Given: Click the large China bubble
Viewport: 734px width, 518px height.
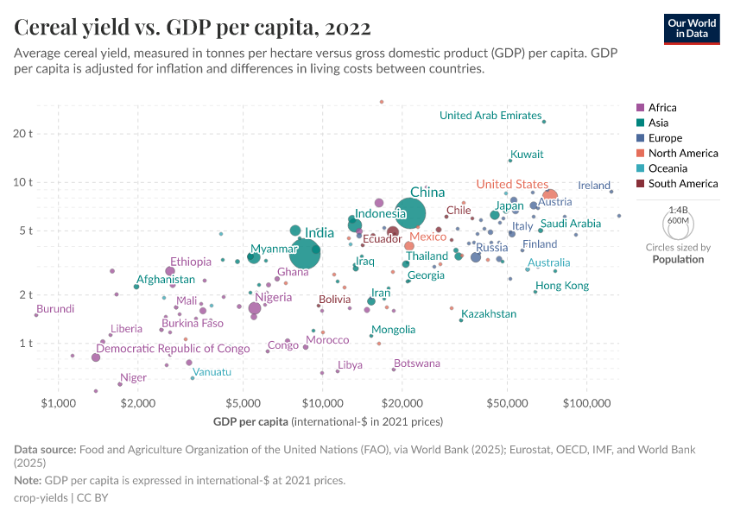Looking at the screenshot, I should tap(411, 213).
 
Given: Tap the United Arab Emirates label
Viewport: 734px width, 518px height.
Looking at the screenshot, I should tap(490, 116).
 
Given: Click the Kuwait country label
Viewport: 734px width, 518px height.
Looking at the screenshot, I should tap(527, 155).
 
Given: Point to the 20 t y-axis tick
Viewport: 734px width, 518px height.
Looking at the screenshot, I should tap(22, 134).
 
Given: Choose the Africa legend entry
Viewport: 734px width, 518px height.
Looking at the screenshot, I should tap(661, 108).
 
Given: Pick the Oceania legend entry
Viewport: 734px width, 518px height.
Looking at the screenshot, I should tap(668, 168).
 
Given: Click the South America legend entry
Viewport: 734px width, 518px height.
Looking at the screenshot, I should tap(682, 184).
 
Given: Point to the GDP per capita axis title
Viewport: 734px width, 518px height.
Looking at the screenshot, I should tap(327, 422).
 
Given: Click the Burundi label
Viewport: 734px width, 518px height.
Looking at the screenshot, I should tap(55, 308).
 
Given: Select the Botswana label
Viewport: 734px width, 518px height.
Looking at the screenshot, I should tap(417, 363).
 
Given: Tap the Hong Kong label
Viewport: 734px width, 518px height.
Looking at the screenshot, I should tap(562, 286).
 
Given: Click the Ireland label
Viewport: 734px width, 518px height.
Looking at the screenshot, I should tap(594, 186).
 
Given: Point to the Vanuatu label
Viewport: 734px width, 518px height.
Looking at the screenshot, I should tap(212, 372).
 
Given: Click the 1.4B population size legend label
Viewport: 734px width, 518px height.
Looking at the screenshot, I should tap(679, 210).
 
